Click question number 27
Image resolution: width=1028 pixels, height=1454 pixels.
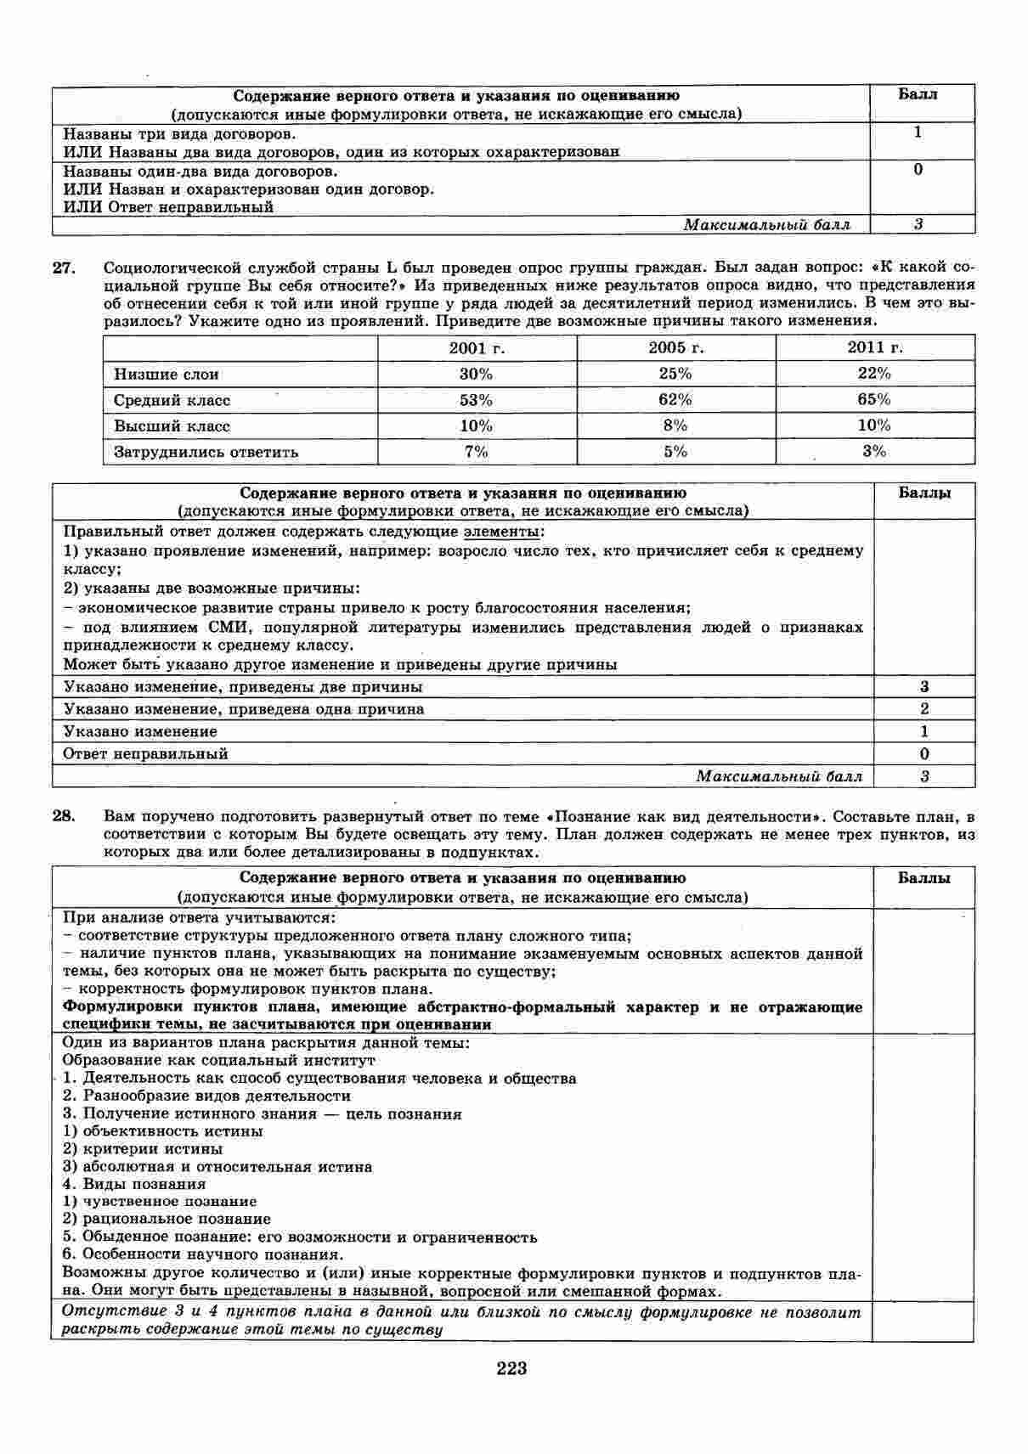click(65, 268)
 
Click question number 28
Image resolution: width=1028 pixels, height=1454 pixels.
click(65, 816)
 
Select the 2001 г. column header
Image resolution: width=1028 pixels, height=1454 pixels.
click(476, 347)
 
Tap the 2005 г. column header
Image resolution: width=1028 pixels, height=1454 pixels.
click(675, 347)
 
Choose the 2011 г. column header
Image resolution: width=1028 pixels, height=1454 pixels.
click(874, 347)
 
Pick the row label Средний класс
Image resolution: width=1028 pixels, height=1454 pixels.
click(172, 400)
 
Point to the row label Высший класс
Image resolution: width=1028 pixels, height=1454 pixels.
click(172, 425)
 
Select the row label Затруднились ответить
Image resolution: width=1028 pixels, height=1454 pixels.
click(206, 452)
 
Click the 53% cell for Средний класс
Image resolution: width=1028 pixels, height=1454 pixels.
click(476, 400)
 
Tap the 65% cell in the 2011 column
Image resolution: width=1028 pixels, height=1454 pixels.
click(874, 399)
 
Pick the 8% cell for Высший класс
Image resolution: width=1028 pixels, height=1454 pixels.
click(675, 425)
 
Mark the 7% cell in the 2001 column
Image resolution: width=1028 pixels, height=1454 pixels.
click(476, 452)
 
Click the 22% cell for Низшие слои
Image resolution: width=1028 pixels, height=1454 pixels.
click(874, 374)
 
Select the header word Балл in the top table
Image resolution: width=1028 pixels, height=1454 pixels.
click(918, 94)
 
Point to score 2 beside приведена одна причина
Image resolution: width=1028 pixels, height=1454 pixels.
click(924, 709)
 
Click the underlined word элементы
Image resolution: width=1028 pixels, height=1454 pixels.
click(500, 532)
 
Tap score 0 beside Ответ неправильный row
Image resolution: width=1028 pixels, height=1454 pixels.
click(924, 753)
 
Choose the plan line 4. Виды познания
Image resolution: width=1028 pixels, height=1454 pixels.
click(134, 1184)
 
